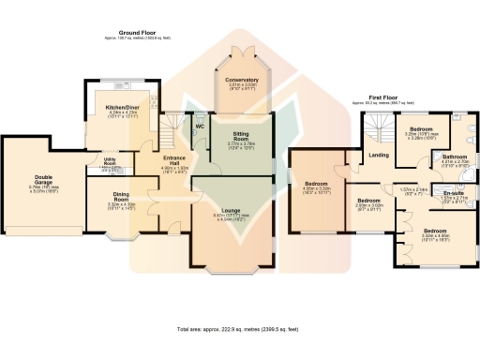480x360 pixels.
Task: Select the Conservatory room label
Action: pyautogui.click(x=242, y=81)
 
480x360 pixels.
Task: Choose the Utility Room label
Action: pyautogui.click(x=110, y=160)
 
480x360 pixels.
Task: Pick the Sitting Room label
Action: pyautogui.click(x=242, y=138)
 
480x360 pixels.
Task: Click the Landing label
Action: pyautogui.click(x=379, y=155)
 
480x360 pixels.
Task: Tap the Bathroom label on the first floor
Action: pyautogui.click(x=455, y=157)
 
